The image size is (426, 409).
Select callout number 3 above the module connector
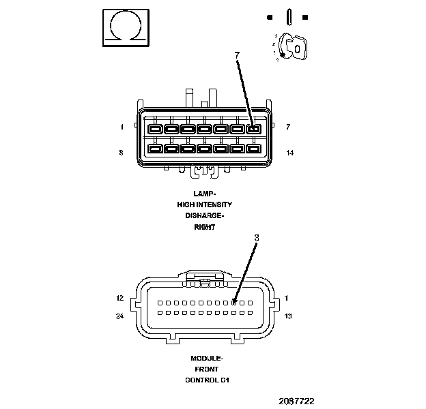click(256, 238)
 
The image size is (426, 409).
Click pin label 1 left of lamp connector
click(122, 127)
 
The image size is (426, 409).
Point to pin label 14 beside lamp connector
click(289, 153)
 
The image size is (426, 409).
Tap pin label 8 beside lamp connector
click(122, 153)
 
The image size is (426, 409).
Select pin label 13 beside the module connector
click(288, 316)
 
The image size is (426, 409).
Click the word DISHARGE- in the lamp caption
click(204, 215)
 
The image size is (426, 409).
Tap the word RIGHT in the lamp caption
click(204, 227)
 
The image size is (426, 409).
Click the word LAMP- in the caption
click(204, 193)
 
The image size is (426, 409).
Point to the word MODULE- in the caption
click(206, 358)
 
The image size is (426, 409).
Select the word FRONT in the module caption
click(206, 369)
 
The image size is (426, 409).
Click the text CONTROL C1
click(206, 380)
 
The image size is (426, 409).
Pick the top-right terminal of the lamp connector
click(253, 129)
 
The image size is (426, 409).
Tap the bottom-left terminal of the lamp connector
click(155, 148)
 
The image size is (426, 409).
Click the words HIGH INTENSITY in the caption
click(204, 204)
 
